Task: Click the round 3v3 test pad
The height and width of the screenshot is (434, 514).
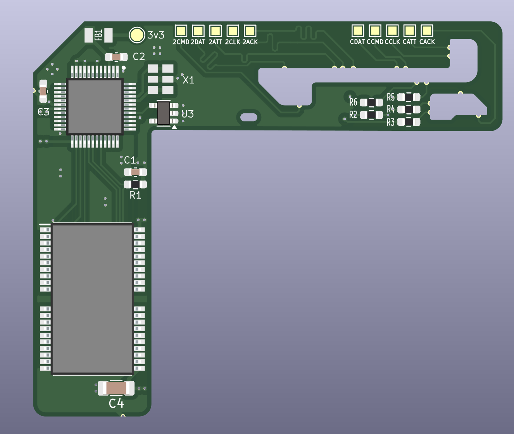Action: (x=136, y=35)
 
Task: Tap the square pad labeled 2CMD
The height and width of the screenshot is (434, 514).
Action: (x=181, y=31)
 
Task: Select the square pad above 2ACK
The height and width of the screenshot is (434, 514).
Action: (x=250, y=31)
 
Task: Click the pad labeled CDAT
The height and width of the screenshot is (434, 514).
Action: (x=358, y=31)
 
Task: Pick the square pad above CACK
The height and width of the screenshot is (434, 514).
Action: (x=427, y=31)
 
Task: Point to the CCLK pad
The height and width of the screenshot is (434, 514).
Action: (x=392, y=31)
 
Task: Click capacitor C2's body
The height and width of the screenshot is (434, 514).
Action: (x=116, y=57)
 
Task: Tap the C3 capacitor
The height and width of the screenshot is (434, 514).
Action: (x=43, y=91)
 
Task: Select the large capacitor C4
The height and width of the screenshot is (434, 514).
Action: (x=116, y=388)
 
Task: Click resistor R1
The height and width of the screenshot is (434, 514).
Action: (x=135, y=184)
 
